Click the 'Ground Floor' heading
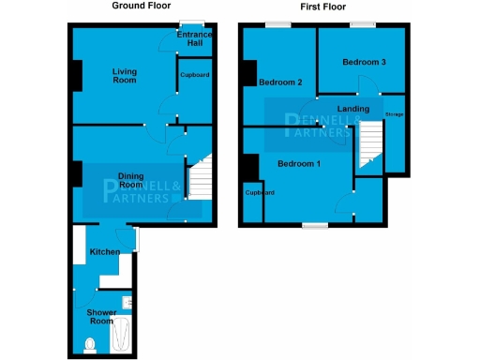click(x=141, y=6)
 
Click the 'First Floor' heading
click(x=321, y=7)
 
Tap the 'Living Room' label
click(x=124, y=76)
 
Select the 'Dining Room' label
click(x=135, y=180)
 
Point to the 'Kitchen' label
click(x=104, y=252)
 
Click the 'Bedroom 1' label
click(x=299, y=164)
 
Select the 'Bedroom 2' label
click(x=280, y=82)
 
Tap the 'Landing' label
click(x=353, y=110)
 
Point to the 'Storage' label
click(x=394, y=116)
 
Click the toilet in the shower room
click(x=90, y=344)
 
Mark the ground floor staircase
click(x=200, y=177)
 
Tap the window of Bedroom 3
click(x=363, y=24)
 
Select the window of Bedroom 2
click(x=277, y=24)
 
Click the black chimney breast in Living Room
click(x=75, y=75)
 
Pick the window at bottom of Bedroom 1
click(x=314, y=225)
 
